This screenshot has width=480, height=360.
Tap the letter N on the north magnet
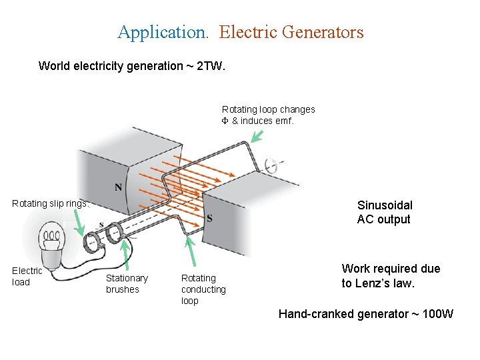click(x=118, y=187)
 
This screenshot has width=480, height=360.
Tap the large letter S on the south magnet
click(x=209, y=218)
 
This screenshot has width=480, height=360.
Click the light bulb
click(x=53, y=240)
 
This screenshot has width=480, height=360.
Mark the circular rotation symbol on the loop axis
click(x=271, y=165)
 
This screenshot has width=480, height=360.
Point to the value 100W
click(x=437, y=314)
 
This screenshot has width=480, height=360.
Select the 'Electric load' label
click(x=27, y=276)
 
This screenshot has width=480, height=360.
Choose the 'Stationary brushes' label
click(x=127, y=283)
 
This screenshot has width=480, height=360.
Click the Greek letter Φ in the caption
click(x=225, y=121)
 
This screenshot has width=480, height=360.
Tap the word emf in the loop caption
click(x=283, y=121)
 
